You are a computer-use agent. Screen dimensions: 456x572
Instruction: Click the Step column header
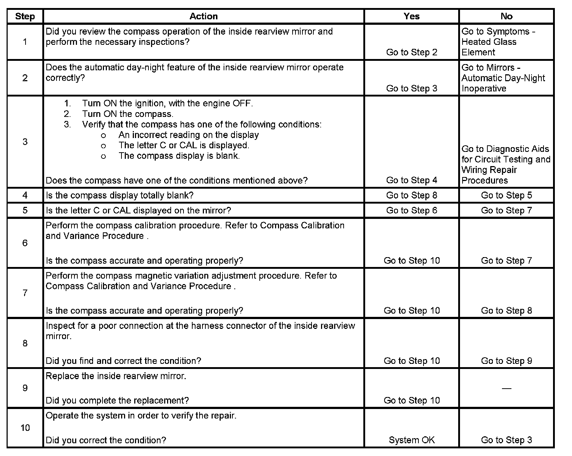25,16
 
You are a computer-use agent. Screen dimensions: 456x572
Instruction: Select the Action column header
203,16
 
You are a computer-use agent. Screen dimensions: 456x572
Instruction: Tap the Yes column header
411,16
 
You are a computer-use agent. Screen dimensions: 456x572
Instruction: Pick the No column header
506,16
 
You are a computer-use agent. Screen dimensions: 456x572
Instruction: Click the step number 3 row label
25,142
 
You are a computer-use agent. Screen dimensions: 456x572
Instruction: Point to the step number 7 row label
25,293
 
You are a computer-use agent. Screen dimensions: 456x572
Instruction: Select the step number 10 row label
25,428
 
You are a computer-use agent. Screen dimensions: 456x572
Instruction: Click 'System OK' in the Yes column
411,440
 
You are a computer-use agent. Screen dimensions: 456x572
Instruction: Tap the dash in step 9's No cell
506,388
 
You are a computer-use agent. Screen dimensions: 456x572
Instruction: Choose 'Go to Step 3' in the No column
506,440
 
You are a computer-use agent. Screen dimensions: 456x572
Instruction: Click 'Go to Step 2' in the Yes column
411,52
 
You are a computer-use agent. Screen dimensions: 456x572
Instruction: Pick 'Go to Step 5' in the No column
506,195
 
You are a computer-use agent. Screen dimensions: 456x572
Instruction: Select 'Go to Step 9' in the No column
506,361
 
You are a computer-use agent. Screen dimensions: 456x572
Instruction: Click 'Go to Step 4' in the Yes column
411,180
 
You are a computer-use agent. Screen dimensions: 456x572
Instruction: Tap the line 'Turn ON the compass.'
127,114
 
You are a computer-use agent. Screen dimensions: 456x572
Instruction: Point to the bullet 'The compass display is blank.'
179,156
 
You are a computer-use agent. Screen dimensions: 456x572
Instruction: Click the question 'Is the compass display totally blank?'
120,195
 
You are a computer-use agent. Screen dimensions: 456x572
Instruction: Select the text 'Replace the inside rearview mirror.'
116,376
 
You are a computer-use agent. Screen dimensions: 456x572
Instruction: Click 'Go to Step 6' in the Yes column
411,210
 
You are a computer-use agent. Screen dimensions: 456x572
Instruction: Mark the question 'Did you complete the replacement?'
117,400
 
